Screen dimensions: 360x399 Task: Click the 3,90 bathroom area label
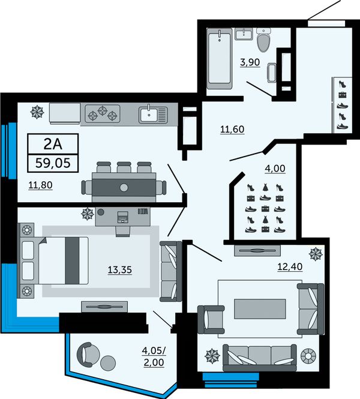point(250,62)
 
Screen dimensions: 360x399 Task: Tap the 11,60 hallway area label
point(232,129)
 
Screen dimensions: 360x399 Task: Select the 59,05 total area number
point(53,163)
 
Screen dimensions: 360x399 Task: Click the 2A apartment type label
point(53,144)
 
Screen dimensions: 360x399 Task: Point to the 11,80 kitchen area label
point(40,185)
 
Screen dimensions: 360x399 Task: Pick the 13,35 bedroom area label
point(120,270)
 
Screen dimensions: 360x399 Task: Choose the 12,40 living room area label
point(290,266)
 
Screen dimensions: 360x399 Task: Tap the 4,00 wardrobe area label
point(275,169)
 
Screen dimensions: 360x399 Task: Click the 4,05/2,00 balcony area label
point(154,356)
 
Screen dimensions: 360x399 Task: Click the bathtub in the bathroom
point(220,58)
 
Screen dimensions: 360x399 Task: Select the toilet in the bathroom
point(263,40)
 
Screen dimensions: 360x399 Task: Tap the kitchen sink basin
point(149,115)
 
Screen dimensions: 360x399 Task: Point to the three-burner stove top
point(102,113)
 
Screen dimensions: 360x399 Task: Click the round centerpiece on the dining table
point(124,188)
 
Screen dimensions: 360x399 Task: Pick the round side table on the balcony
point(108,362)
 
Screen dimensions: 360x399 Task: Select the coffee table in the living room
point(260,308)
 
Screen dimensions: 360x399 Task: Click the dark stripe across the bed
point(72,260)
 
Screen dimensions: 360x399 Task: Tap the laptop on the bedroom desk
point(123,217)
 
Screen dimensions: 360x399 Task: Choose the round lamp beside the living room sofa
point(308,355)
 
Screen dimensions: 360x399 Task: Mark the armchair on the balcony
point(86,354)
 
